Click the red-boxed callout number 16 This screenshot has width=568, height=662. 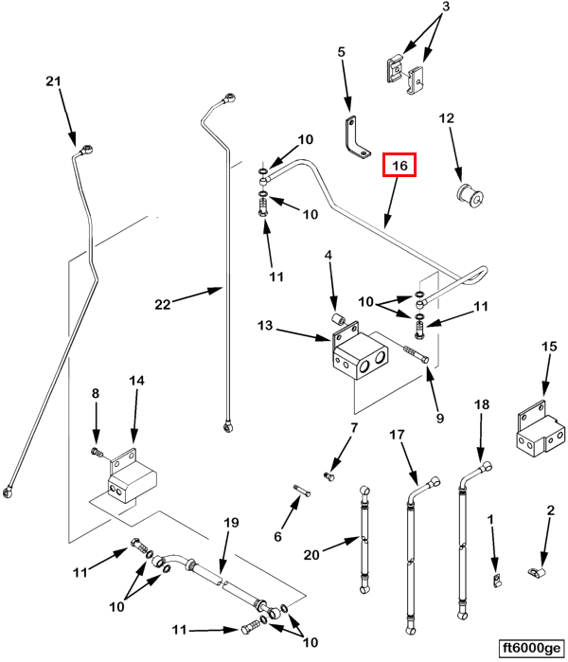coord(399,166)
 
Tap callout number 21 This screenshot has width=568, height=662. coord(53,82)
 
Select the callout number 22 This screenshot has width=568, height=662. coord(163,303)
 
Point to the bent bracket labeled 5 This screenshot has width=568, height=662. coord(356,138)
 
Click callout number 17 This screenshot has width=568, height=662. coord(396,435)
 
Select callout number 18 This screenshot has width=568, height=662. coord(481,404)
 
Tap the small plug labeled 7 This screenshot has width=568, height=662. coord(329,474)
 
